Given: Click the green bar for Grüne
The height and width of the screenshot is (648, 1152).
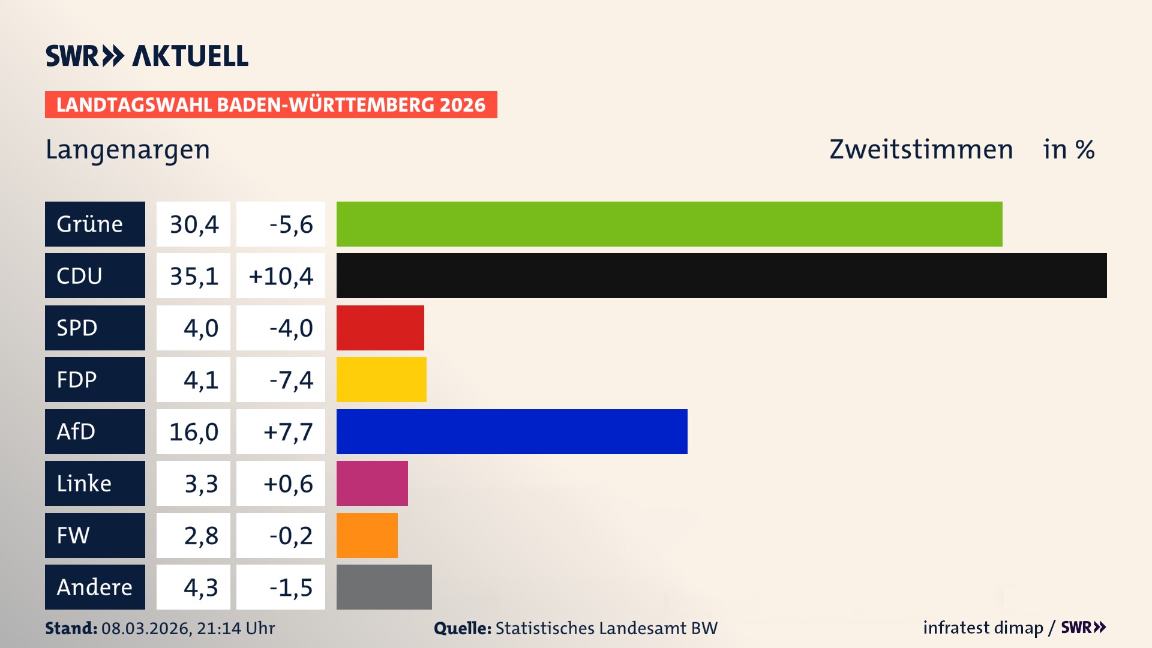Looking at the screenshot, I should coord(669,224).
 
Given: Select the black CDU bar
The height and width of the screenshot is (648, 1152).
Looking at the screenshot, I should coord(721,275).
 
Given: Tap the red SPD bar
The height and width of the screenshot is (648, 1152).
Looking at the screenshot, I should coord(380,328).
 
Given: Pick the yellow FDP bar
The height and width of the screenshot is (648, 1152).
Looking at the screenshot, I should coord(381,379).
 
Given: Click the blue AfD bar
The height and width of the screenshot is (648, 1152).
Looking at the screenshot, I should coord(511,431).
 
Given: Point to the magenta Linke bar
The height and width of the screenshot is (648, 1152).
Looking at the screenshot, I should coord(372,483).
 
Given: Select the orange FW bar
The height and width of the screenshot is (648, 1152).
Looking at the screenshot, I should coord(367,535).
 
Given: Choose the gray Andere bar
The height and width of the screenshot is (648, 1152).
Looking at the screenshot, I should coord(384,587).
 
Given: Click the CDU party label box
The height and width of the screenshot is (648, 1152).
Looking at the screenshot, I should coord(95,275).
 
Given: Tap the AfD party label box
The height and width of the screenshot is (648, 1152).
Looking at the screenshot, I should coord(95,431).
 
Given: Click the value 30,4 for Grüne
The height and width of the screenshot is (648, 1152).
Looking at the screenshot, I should coord(194,224).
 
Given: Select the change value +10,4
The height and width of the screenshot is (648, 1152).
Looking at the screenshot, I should coord(281,276).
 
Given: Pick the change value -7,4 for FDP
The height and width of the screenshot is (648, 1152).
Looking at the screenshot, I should coord(291,380).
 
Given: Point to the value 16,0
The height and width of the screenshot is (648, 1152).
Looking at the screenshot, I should coord(194,432).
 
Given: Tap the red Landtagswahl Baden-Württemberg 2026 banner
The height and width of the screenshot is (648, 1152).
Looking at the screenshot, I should coord(271,105).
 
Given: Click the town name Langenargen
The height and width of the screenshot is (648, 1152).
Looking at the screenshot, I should coord(128,150).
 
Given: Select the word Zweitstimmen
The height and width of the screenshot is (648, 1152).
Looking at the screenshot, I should coord(921,149).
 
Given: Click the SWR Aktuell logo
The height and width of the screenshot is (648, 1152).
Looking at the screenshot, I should coord(147,56).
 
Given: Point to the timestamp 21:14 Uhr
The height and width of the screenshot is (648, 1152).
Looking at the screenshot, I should coord(235,628).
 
